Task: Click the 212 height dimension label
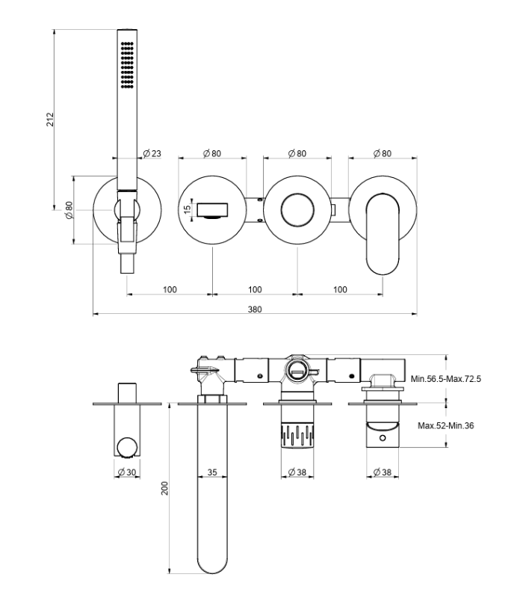pos(50,120)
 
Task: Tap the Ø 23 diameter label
pos(152,153)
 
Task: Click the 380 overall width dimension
pos(255,309)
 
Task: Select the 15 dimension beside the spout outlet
pos(187,209)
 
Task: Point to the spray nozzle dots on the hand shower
pos(127,65)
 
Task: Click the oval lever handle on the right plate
pos(383,234)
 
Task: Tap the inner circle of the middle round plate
pos(297,210)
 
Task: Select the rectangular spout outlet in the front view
pos(212,210)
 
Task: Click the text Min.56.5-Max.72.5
pos(445,379)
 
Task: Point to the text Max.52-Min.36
pos(445,425)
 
